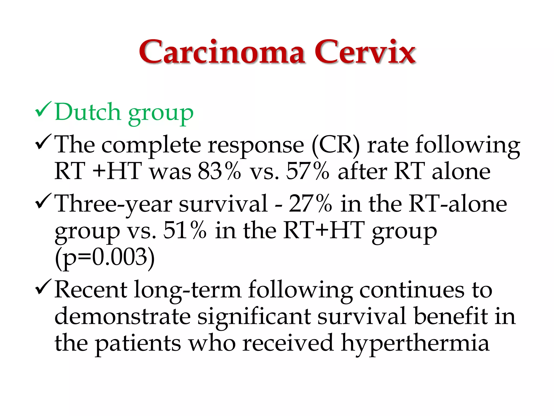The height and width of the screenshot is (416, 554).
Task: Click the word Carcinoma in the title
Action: click(222, 52)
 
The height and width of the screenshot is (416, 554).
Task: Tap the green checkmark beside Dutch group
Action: click(43, 110)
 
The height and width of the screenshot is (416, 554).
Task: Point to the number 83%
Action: click(219, 171)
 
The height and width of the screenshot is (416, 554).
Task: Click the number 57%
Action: click(308, 171)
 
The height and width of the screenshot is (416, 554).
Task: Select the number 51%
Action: click(185, 230)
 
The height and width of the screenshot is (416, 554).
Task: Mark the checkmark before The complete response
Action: click(43, 142)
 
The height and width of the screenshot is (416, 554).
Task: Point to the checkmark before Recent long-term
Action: click(43, 287)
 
